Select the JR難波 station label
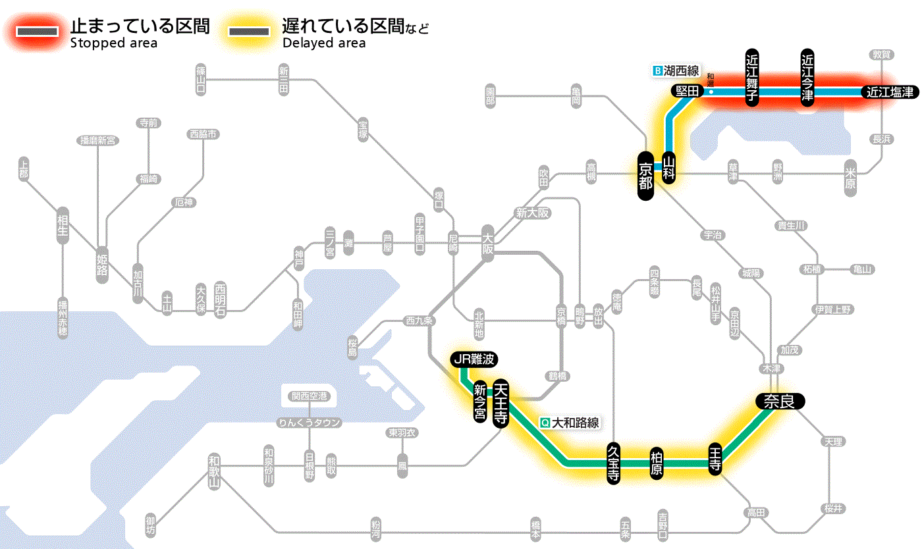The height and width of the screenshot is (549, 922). [474, 359]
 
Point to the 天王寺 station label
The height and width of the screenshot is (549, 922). [501, 404]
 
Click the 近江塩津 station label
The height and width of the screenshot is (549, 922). [890, 92]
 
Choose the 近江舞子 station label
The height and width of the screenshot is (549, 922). [752, 78]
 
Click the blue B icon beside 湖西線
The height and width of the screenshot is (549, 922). [657, 70]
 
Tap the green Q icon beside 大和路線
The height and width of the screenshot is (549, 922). [545, 423]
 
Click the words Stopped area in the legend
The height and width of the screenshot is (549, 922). [113, 43]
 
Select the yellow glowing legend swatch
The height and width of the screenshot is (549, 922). [248, 32]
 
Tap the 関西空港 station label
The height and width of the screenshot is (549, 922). [310, 396]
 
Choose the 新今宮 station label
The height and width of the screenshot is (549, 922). [479, 402]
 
